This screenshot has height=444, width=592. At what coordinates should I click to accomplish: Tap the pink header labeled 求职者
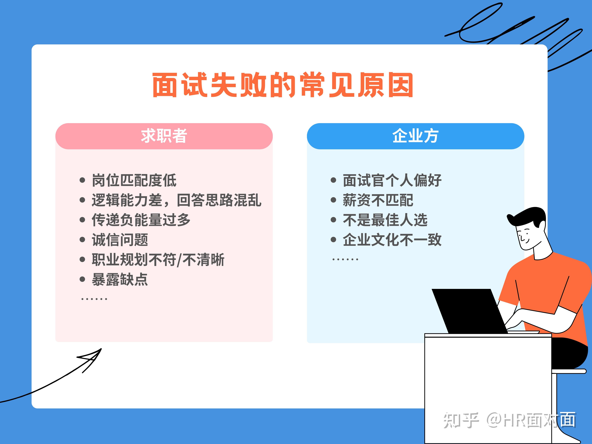[164, 136]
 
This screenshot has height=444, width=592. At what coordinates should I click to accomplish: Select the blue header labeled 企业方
[415, 136]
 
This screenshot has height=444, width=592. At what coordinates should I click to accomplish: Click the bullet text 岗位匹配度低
[134, 180]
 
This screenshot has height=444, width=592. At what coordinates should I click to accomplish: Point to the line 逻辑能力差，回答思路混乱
[177, 200]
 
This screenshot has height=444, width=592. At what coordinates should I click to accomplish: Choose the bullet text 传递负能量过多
[141, 220]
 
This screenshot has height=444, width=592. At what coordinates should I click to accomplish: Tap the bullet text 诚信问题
[120, 239]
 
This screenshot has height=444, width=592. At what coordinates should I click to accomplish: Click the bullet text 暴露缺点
[120, 279]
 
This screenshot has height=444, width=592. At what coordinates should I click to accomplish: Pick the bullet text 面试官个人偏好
[392, 180]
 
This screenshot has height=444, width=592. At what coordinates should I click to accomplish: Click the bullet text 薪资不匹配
[378, 200]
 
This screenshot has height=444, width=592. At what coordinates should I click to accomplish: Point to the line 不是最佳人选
[385, 220]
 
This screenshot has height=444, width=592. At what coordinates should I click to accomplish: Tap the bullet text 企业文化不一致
[392, 239]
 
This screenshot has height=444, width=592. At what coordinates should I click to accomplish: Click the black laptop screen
[470, 311]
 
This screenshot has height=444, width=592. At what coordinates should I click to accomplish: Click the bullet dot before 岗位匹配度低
[82, 180]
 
